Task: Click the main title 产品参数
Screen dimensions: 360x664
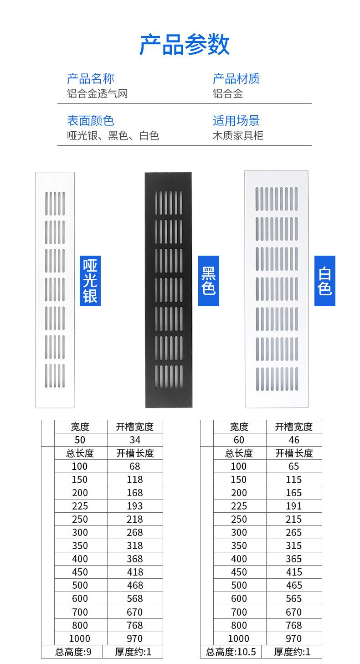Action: [x=184, y=45]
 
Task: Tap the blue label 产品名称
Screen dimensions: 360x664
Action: [x=91, y=78]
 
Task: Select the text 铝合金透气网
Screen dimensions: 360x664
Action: [x=97, y=94]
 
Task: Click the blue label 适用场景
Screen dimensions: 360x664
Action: [x=236, y=121]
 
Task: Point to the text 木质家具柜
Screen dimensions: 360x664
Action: [x=238, y=135]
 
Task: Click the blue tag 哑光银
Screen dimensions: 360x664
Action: [x=90, y=281]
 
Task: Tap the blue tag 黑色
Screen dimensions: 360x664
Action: [x=209, y=281]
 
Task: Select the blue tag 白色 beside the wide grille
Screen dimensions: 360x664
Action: [x=325, y=281]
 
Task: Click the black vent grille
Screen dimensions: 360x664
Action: [x=168, y=290]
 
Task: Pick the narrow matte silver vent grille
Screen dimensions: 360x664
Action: [x=55, y=290]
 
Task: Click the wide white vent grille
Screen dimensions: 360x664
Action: [x=277, y=289]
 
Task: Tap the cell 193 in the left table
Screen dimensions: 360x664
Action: [x=135, y=506]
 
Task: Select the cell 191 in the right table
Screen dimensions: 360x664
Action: [x=293, y=506]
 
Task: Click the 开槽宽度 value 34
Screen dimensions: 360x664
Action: [x=135, y=440]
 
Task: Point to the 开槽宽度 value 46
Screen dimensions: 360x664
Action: [x=294, y=440]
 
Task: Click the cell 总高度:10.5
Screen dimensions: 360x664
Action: [x=231, y=652]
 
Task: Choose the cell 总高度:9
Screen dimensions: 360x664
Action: [x=73, y=652]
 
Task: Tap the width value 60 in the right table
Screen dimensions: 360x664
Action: [x=239, y=440]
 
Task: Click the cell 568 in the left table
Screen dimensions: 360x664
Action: [x=135, y=598]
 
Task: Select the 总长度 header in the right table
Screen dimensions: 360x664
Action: [x=239, y=453]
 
